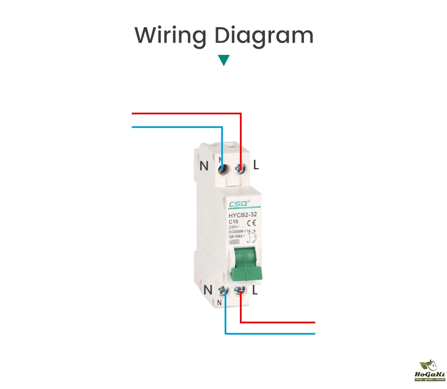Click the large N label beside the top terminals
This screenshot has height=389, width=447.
(204, 166)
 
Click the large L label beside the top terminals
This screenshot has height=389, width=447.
(256, 166)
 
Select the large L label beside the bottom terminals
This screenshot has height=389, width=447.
(255, 290)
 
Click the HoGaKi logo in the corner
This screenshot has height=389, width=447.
(431, 370)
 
